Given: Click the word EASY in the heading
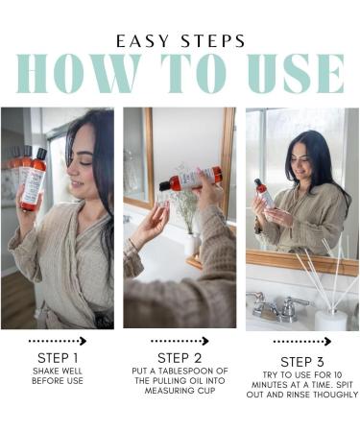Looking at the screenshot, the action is point(142,41).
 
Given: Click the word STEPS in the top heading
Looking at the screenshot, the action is point(213,41).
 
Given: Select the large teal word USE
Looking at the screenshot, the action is point(296,74).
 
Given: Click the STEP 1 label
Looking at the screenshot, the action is point(58,358).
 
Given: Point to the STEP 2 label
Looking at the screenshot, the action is point(180,358).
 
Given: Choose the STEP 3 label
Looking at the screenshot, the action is point(302,362).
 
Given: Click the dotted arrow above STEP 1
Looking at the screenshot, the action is point(58,341).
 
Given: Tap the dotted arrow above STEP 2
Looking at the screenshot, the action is point(180,341).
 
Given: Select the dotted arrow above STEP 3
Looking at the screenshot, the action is point(302,342).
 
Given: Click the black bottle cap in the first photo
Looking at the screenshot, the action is point(41,154).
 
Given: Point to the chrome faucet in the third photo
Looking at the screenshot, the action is point(277,306).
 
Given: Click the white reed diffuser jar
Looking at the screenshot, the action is point(330,320).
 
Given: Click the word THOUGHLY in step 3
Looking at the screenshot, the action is point(335,395).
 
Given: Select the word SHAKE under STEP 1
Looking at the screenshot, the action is point(46,372).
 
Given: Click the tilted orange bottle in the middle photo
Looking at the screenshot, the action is point(190,179).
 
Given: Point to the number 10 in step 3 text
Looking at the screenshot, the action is point(337,374).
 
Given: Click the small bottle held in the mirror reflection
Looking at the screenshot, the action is point(264,193).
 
